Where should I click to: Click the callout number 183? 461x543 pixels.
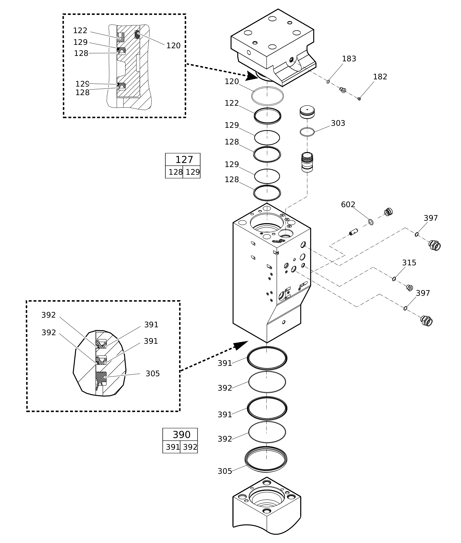[349, 59]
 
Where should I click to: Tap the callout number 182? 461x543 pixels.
[380, 77]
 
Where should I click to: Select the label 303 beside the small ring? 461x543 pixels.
[338, 123]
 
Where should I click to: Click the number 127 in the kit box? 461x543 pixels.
[184, 160]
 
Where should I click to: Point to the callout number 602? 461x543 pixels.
[348, 204]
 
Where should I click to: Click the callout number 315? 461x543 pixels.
[409, 263]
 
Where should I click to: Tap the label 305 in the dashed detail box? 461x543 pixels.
[152, 374]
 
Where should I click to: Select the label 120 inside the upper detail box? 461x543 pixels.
[173, 46]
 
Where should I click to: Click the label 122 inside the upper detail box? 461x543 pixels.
[80, 31]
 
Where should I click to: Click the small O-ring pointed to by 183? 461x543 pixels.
[328, 82]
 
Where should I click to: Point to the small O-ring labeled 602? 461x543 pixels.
[370, 222]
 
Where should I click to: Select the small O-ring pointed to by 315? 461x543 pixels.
[394, 279]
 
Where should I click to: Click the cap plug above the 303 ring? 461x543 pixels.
[307, 112]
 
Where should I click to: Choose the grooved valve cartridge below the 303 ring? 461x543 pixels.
[307, 162]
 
